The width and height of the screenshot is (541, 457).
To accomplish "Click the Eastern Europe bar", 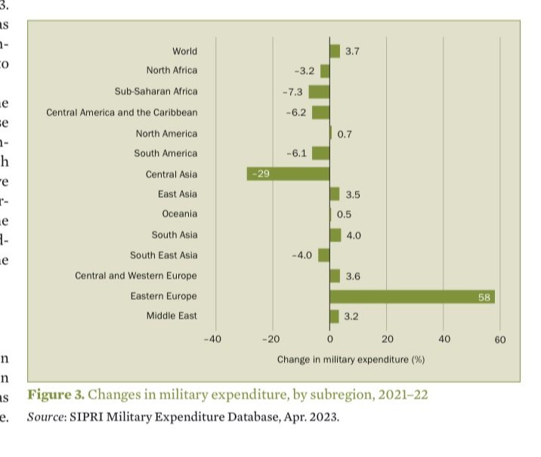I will tap(413, 297).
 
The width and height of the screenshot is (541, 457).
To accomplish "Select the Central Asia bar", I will tap(288, 174).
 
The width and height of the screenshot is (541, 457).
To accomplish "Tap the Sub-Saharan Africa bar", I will tap(319, 92).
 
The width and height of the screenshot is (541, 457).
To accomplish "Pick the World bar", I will tap(335, 51).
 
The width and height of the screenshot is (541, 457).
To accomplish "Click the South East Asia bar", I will tap(324, 255).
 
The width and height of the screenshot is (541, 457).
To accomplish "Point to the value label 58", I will tap(485, 298).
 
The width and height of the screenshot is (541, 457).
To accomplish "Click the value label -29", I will tap(261, 174).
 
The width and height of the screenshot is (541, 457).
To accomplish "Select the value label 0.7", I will tap(345, 134).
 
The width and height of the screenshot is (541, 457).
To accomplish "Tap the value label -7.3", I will tap(292, 92).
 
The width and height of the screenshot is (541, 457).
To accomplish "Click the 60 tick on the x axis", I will tap(500, 339).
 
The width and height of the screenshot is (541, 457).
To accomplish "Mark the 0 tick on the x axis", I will tap(330, 339).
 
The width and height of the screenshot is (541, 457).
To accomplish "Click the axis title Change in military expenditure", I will tap(351, 360).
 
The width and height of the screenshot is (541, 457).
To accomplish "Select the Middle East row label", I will tap(172, 316).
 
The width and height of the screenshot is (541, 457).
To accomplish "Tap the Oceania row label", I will tap(179, 215).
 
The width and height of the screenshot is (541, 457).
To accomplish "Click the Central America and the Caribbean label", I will tap(122, 113).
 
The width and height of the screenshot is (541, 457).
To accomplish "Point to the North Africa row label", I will tap(172, 70).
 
